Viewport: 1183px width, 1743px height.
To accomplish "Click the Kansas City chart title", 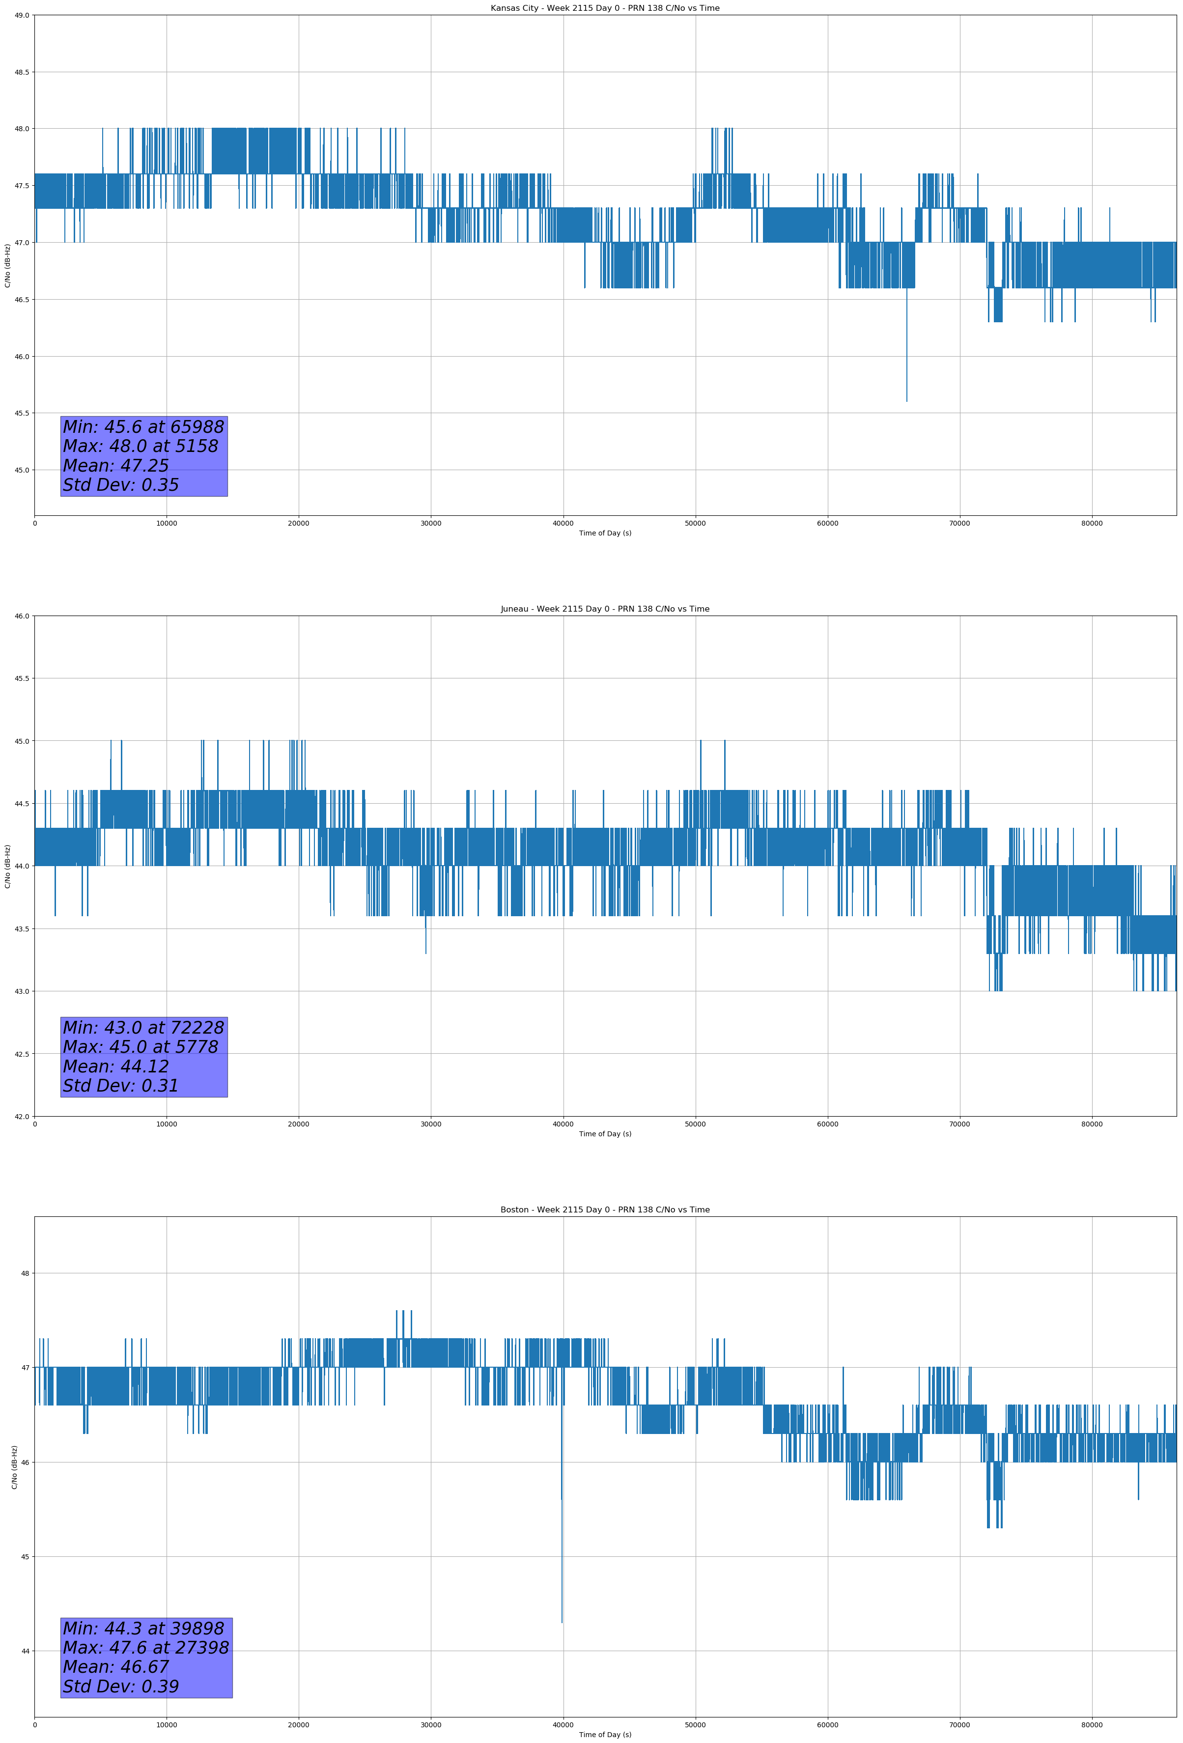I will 605,8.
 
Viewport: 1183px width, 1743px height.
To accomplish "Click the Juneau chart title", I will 605,609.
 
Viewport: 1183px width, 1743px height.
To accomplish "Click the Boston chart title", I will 605,1210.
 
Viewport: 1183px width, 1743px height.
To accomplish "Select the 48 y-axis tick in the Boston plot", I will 25,1273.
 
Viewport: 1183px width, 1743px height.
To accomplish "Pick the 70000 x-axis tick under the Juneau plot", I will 959,1124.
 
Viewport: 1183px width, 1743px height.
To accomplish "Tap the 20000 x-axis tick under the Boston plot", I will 299,1725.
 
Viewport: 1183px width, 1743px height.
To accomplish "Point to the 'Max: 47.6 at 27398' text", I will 145,1648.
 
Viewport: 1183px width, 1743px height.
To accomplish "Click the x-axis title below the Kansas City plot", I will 605,533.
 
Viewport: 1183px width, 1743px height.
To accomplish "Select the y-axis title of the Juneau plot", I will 7,866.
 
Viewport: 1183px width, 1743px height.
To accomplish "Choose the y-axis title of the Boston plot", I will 14,1467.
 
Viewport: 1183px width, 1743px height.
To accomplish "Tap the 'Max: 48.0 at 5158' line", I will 141,446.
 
